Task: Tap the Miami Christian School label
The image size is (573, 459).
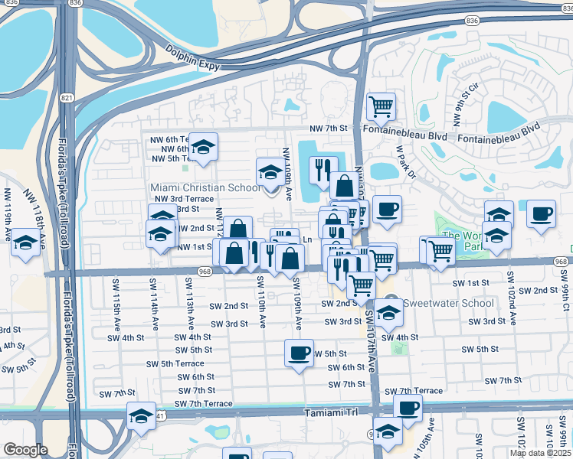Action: click(205, 187)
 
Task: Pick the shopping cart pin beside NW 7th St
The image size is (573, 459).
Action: click(381, 105)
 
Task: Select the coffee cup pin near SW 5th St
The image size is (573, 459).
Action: click(298, 353)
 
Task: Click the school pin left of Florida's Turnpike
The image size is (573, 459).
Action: click(26, 244)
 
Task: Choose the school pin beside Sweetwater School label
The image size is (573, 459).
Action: click(389, 312)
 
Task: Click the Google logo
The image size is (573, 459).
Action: click(25, 450)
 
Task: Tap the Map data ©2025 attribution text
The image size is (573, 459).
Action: click(541, 453)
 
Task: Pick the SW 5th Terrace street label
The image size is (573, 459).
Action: click(182, 363)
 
